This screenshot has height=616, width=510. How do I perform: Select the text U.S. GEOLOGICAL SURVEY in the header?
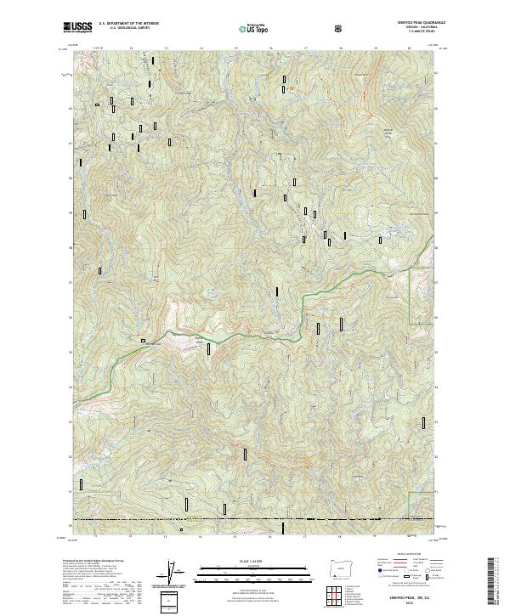click(x=121, y=29)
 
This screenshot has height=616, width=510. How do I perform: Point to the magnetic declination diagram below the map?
click(x=178, y=574)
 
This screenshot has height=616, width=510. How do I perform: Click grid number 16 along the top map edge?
click(x=269, y=48)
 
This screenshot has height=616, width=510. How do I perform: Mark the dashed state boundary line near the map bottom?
click(x=255, y=520)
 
